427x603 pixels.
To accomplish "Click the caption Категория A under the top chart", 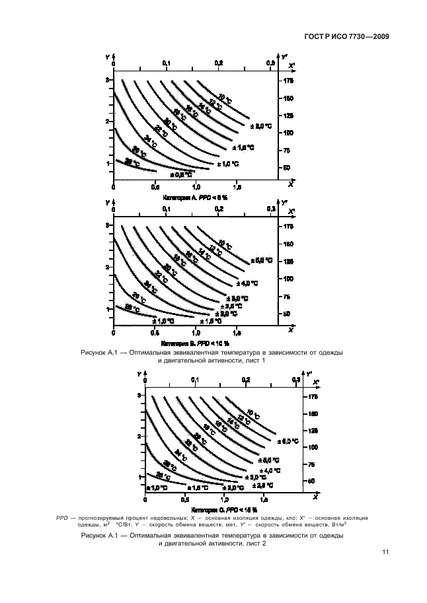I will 195,197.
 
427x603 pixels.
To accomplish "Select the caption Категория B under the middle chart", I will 195,343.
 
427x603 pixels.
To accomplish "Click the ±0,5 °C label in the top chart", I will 181,174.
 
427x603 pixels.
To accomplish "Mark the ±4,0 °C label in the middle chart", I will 246,283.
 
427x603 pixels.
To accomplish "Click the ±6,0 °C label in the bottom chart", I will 289,441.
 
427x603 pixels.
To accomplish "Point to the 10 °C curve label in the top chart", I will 225,100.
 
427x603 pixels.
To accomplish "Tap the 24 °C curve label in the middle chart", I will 150,286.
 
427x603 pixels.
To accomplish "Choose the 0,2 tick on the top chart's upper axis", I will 218,62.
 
